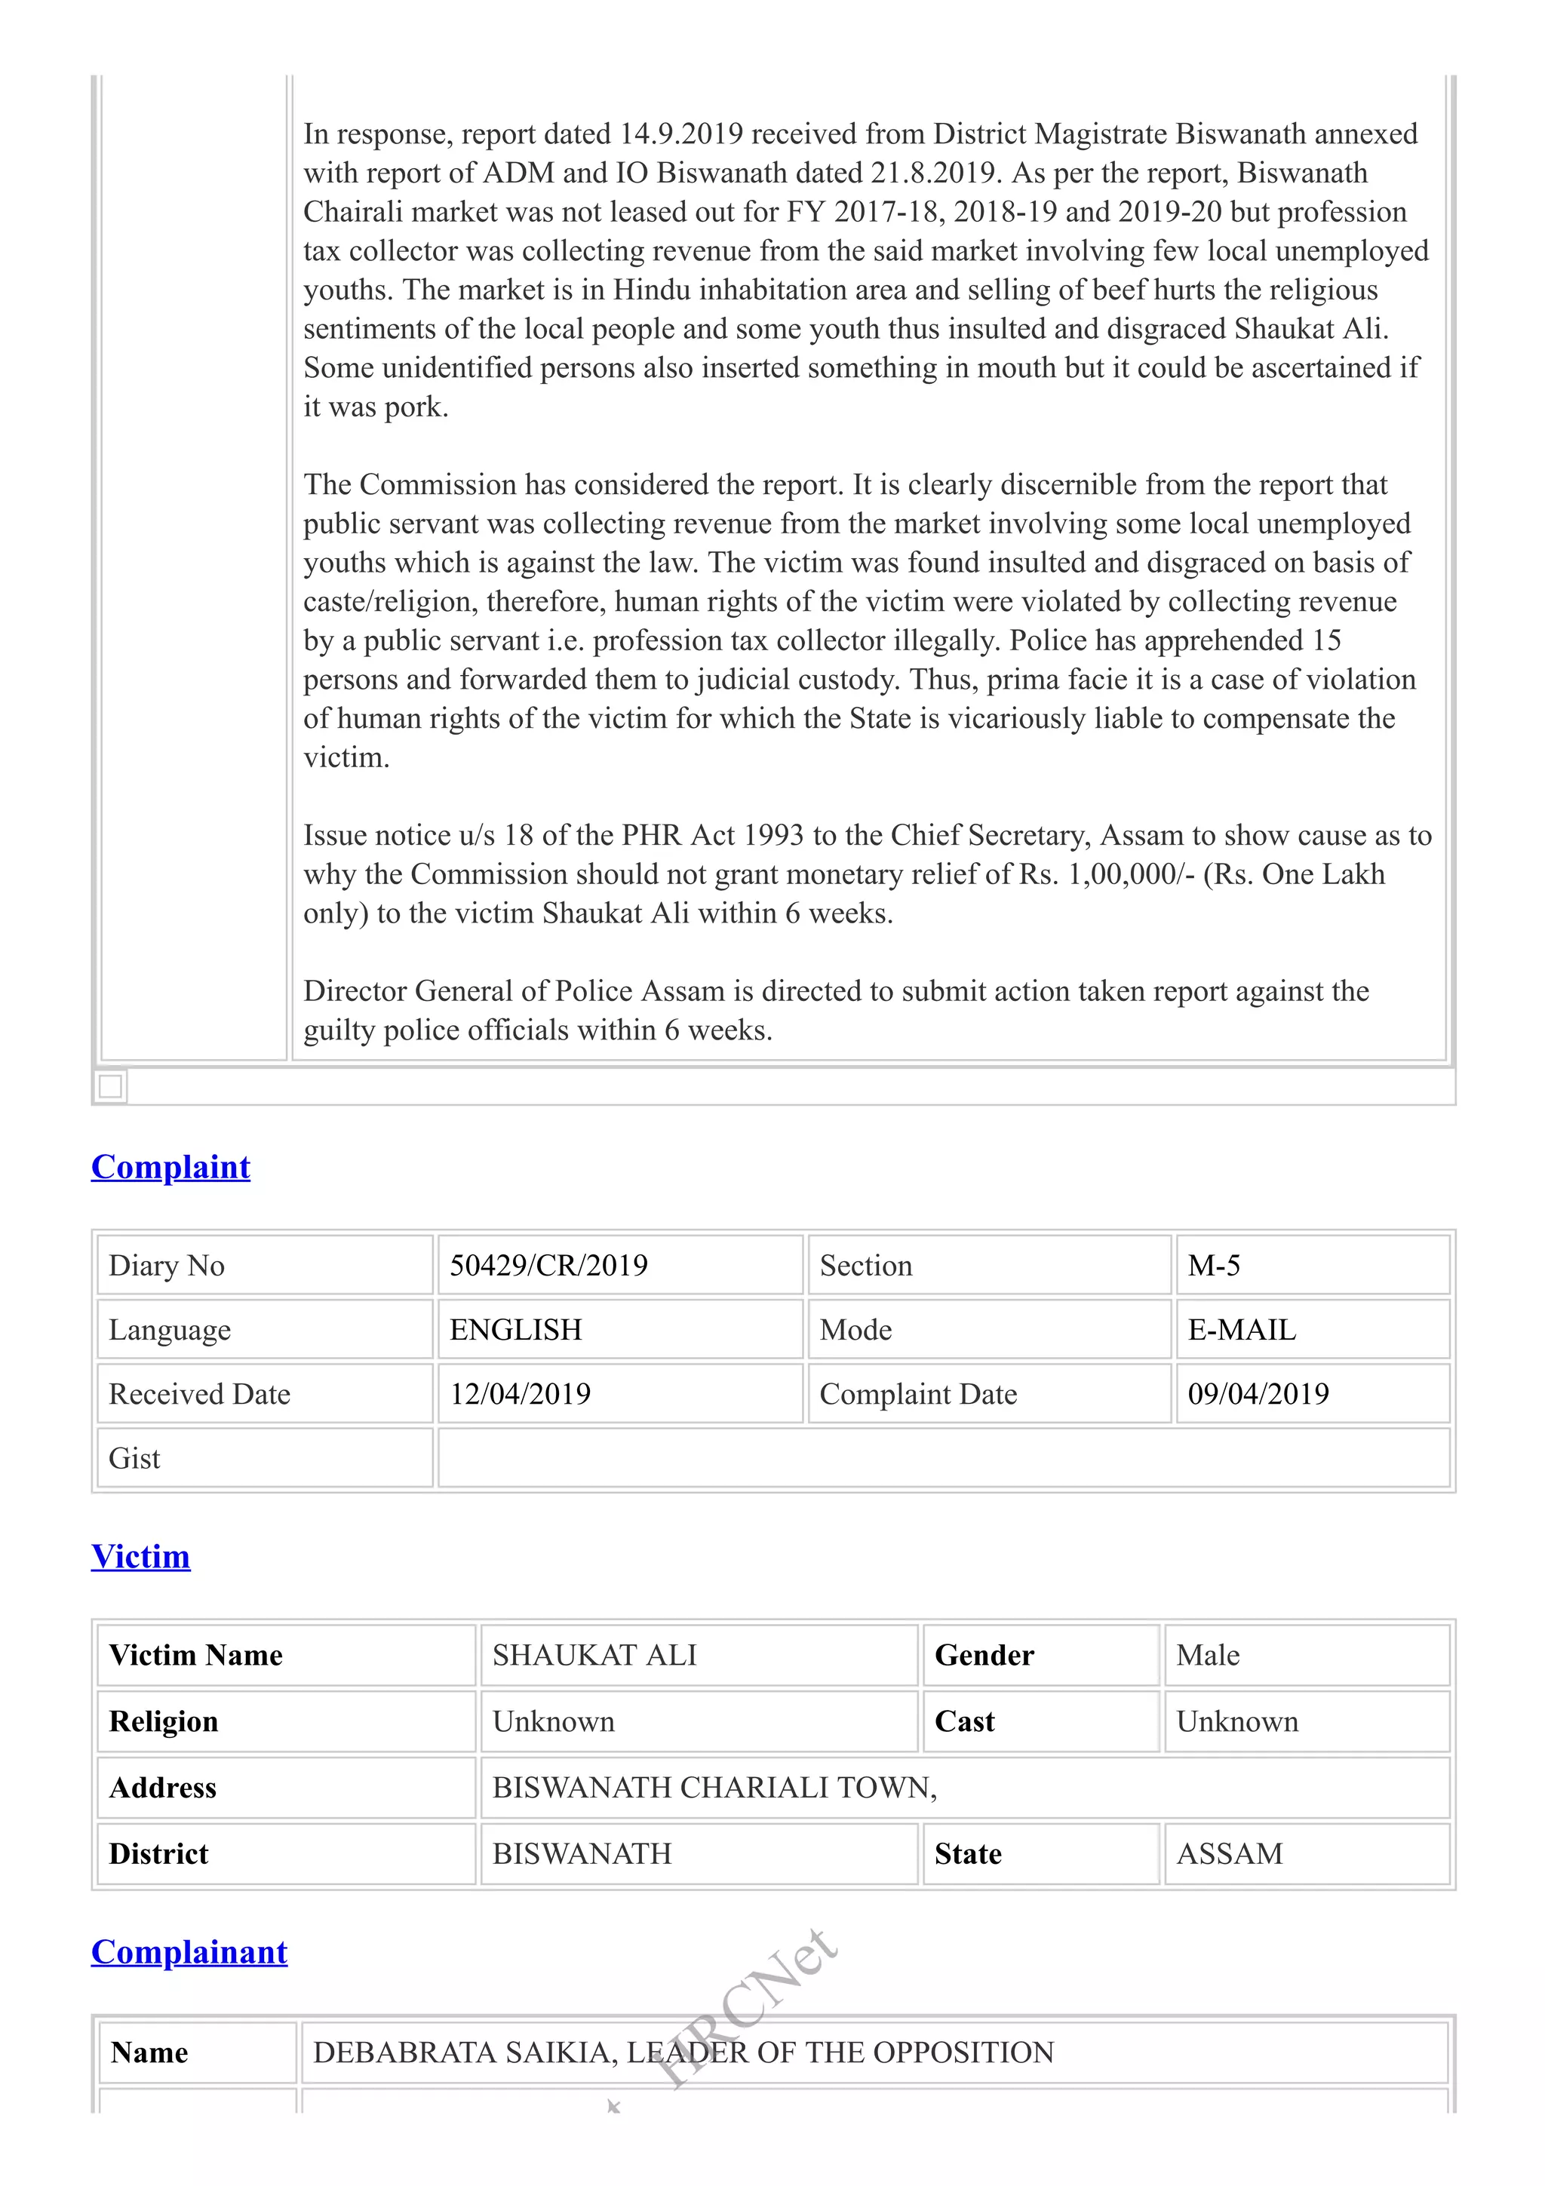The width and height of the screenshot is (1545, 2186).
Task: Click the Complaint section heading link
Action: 170,1167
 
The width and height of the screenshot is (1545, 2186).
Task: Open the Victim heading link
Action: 141,1557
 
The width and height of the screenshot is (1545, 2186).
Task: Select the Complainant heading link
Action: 189,1952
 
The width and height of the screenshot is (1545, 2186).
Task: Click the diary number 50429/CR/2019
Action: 548,1265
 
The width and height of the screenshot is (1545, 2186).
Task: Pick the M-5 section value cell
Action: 1214,1265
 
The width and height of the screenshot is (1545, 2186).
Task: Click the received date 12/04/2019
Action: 520,1394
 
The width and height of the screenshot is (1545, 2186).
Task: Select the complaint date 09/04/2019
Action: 1258,1394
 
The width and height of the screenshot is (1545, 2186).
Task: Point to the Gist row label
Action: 134,1459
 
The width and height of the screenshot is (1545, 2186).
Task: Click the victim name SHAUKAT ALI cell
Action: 594,1656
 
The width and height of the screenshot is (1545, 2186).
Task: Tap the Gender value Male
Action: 1207,1656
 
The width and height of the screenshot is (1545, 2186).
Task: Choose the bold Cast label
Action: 964,1721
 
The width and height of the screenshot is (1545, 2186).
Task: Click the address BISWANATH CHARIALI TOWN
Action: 714,1788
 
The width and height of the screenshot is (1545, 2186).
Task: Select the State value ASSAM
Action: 1229,1853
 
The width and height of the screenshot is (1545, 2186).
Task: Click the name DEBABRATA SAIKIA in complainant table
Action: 465,2052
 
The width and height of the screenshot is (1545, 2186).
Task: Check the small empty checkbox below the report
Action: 110,1086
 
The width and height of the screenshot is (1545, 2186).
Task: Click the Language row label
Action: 170,1330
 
